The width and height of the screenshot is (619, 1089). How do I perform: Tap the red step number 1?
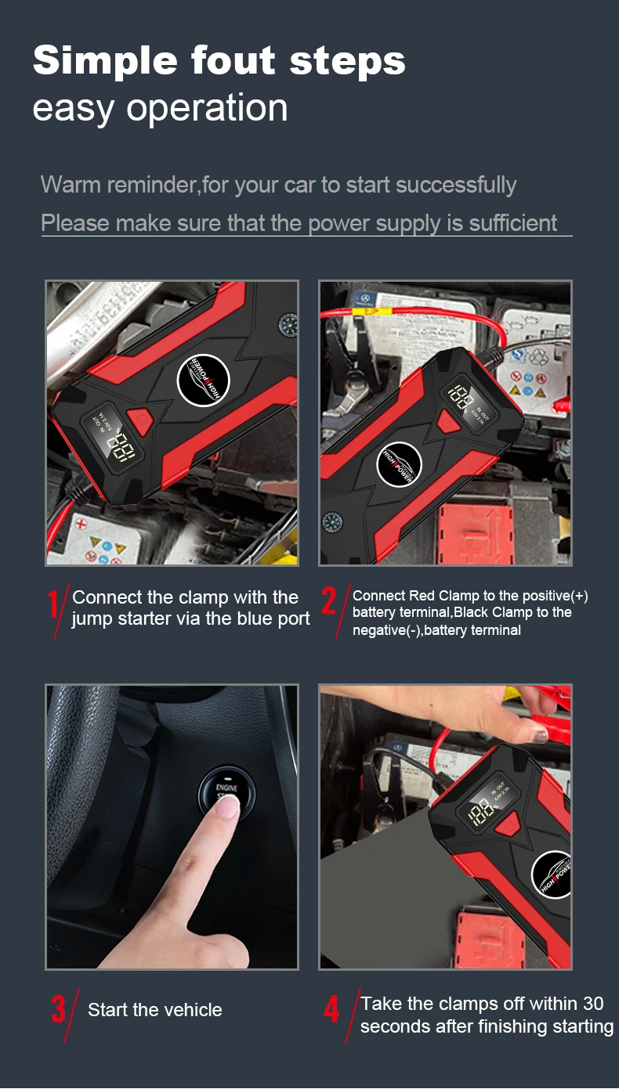pos(53,605)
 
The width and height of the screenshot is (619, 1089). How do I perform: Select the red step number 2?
pos(329,602)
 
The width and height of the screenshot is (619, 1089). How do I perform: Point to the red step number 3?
pos(58,1010)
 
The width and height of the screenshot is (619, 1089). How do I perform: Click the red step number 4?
pos(331,1010)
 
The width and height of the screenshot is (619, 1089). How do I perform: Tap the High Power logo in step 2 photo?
pos(399,466)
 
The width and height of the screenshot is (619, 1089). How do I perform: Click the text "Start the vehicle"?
pos(154,1011)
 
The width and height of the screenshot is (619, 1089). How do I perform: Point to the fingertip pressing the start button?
pos(226,809)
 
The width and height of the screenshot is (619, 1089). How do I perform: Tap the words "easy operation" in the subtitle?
pos(160,108)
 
